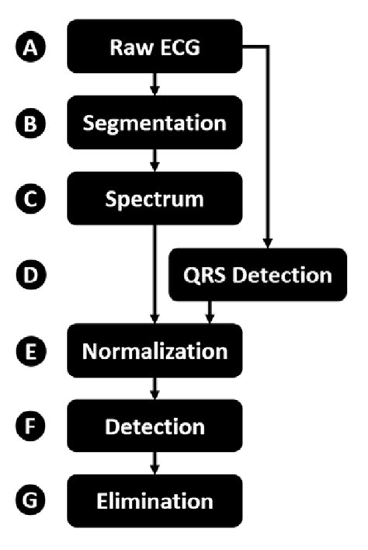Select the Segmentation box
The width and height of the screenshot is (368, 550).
click(155, 124)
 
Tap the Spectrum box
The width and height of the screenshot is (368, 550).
click(155, 199)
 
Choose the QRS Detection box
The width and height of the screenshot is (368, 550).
click(258, 275)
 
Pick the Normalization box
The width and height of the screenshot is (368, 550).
click(155, 350)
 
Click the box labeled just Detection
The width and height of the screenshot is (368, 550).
click(155, 426)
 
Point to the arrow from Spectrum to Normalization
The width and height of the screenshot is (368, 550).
click(155, 272)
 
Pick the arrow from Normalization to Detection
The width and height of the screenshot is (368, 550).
click(155, 388)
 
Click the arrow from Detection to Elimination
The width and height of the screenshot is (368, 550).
click(155, 464)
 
